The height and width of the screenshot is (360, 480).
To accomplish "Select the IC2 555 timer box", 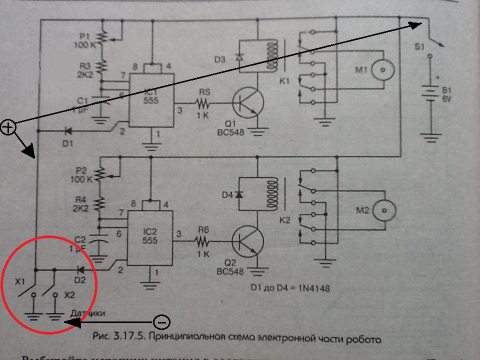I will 149,237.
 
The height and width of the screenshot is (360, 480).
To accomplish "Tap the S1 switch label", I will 419,47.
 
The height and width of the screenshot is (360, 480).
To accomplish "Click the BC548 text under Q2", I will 231,272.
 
